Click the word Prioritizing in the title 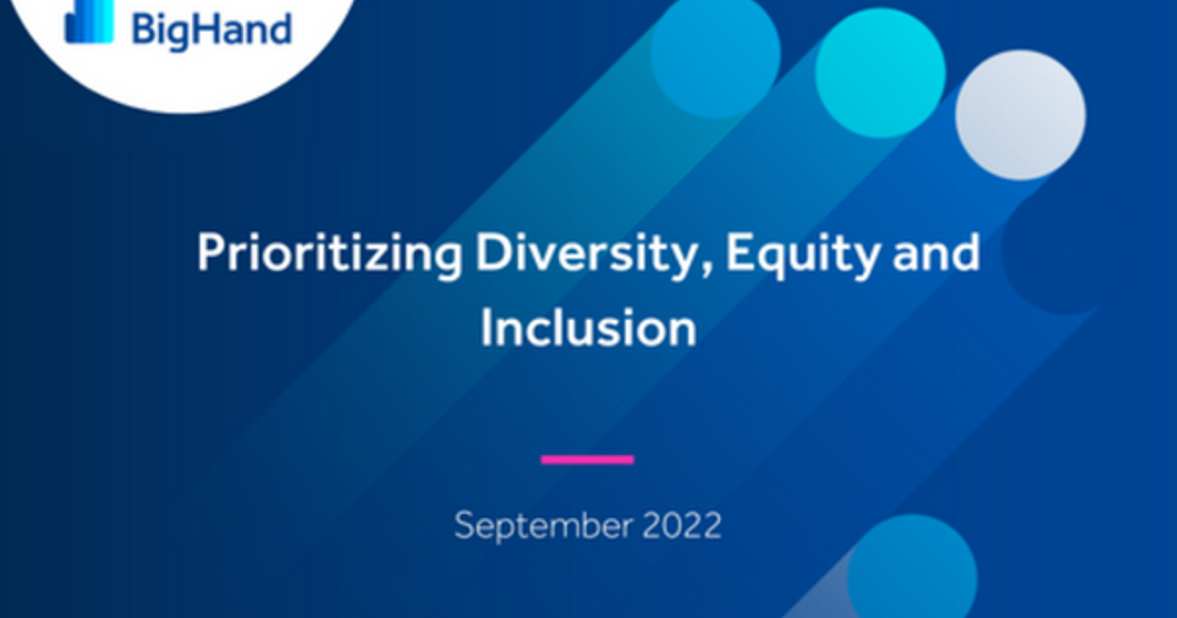pos(330,255)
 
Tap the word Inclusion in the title pos(588,329)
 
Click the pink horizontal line pos(588,459)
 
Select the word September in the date pos(542,527)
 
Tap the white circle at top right pos(1020,115)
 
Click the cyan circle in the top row pos(880,72)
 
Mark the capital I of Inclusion pos(486,329)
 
